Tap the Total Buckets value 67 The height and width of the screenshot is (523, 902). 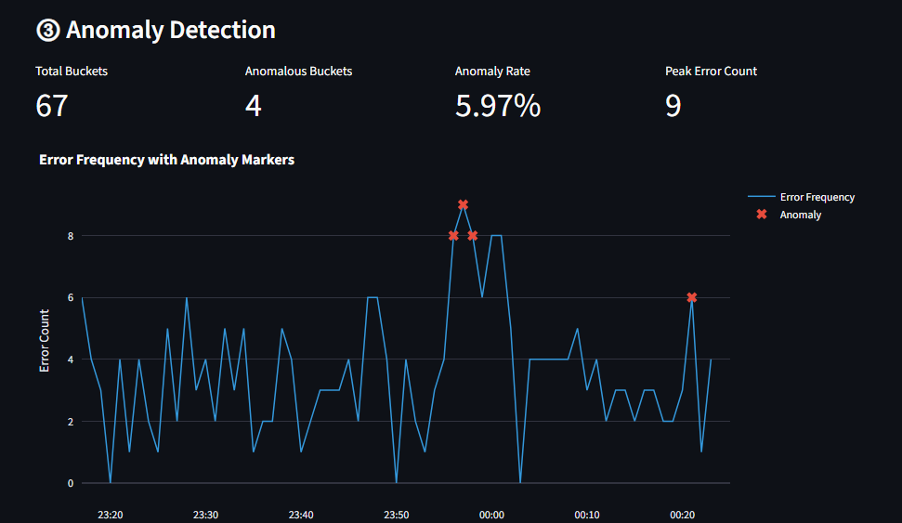[x=52, y=106]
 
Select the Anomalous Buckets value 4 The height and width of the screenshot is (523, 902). [x=253, y=106]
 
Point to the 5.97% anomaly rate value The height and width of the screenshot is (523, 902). [x=497, y=106]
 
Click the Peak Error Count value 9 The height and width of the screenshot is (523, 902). [x=673, y=106]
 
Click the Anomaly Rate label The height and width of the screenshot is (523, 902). [x=492, y=72]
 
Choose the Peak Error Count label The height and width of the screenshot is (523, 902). [x=711, y=72]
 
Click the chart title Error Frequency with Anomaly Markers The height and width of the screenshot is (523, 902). [x=166, y=160]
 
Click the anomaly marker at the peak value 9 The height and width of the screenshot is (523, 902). [x=463, y=204]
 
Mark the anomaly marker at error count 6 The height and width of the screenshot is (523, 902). [x=691, y=297]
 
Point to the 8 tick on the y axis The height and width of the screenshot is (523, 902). [x=71, y=236]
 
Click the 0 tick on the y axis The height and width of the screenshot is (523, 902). [x=71, y=483]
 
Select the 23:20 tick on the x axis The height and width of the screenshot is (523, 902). [x=111, y=515]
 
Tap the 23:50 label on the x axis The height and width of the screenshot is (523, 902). [x=397, y=515]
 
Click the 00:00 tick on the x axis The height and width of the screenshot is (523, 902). [x=491, y=515]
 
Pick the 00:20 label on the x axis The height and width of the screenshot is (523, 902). [x=682, y=515]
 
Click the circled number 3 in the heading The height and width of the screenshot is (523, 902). [x=47, y=31]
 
